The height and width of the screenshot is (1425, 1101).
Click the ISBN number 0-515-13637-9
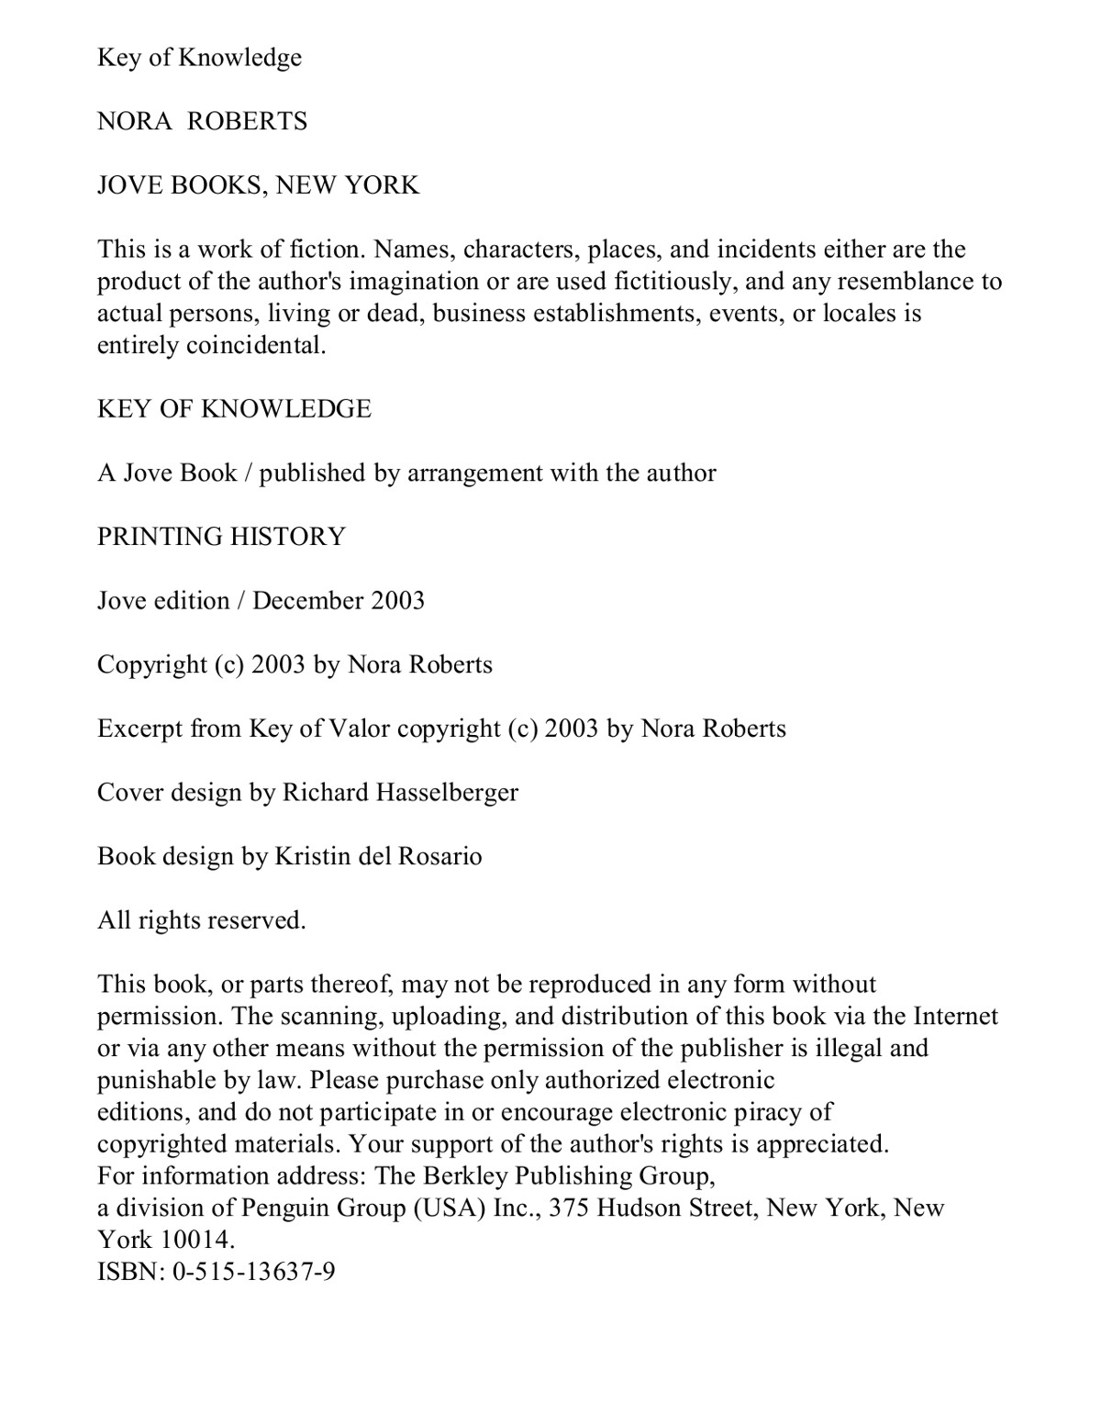coord(253,1272)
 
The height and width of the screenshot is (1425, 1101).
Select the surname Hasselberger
coord(448,792)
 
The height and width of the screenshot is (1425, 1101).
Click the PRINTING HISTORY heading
coord(221,536)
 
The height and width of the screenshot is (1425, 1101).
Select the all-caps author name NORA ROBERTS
coord(202,121)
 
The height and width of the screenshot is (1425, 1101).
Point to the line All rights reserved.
coord(201,920)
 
